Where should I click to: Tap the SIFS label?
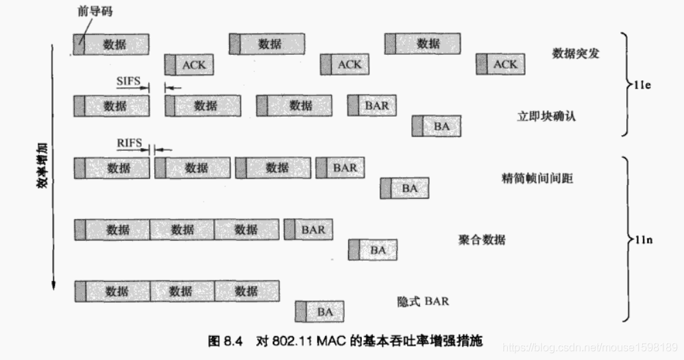coord(128,81)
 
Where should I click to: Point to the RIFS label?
coord(129,143)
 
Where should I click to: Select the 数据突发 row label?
coord(575,53)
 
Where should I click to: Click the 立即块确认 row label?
coord(546,116)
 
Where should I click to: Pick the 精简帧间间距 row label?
coord(537,178)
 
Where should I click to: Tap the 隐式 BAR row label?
coord(423,301)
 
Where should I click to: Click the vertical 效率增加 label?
coord(42,165)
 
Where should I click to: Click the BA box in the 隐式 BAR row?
coord(319,312)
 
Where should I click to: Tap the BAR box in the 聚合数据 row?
coord(308,230)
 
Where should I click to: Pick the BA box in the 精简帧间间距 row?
coord(404,188)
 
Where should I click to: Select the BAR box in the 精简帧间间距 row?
coord(340,167)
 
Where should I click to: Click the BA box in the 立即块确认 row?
coord(437,126)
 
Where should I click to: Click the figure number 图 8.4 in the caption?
coord(225,341)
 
